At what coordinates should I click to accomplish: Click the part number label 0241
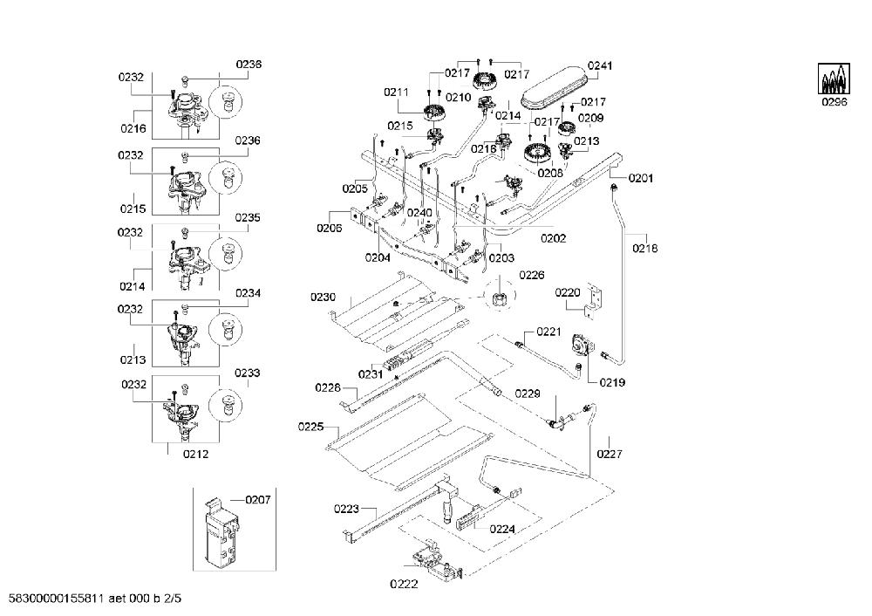pyautogui.click(x=600, y=65)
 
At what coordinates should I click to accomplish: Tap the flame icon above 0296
pyautogui.click(x=835, y=79)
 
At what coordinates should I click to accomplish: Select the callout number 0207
pyautogui.click(x=258, y=500)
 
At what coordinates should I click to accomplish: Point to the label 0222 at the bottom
pyautogui.click(x=404, y=584)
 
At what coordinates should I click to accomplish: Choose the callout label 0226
pyautogui.click(x=532, y=275)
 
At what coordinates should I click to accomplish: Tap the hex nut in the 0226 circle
pyautogui.click(x=498, y=299)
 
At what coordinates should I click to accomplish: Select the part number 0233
pyautogui.click(x=248, y=373)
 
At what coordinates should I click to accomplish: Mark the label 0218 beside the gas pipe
pyautogui.click(x=644, y=248)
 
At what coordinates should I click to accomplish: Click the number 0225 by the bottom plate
pyautogui.click(x=311, y=427)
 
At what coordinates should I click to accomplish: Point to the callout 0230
pyautogui.click(x=324, y=298)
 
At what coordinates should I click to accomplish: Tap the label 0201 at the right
pyautogui.click(x=641, y=178)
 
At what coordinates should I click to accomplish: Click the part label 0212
pyautogui.click(x=195, y=454)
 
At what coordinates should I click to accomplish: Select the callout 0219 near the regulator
pyautogui.click(x=612, y=382)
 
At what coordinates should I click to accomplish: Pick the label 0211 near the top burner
pyautogui.click(x=397, y=92)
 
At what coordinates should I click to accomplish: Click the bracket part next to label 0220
pyautogui.click(x=594, y=301)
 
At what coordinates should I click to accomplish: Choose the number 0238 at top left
pyautogui.click(x=249, y=64)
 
